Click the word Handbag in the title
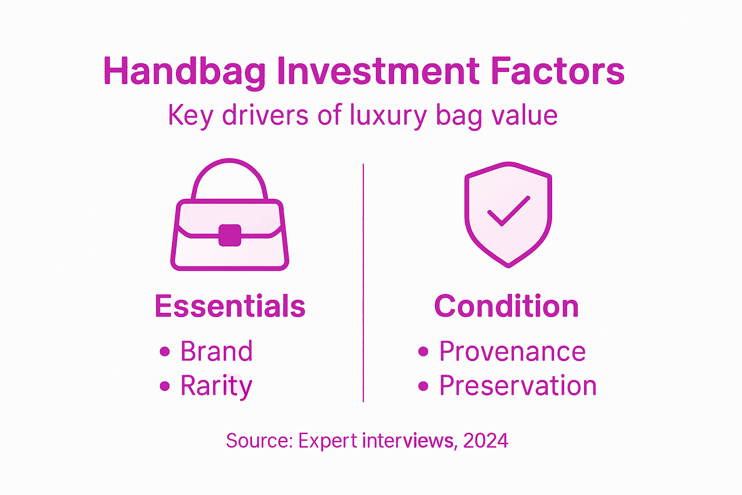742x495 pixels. (x=185, y=72)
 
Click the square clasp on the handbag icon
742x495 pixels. (x=229, y=235)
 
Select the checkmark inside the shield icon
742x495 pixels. (x=508, y=211)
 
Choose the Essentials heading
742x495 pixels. (x=230, y=306)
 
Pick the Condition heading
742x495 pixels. (x=506, y=306)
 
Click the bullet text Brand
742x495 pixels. (x=216, y=351)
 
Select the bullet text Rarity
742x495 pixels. (x=216, y=386)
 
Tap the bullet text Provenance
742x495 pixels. (x=512, y=351)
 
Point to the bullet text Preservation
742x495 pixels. (x=518, y=386)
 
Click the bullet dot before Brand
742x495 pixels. (x=165, y=351)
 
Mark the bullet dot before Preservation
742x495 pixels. (x=423, y=386)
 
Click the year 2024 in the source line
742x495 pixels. (x=485, y=441)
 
